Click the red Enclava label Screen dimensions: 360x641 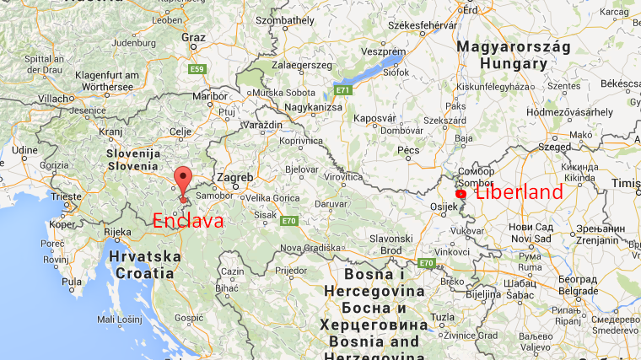187,221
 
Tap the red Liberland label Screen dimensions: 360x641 519,192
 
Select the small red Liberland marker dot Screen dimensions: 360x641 461,194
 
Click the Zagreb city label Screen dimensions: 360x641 234,178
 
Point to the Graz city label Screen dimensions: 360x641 193,37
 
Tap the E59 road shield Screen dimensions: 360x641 197,68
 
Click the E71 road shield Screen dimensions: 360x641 342,89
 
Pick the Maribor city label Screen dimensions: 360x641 211,96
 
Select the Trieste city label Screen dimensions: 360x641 65,196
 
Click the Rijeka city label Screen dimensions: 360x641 116,232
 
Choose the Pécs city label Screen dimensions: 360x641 408,150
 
